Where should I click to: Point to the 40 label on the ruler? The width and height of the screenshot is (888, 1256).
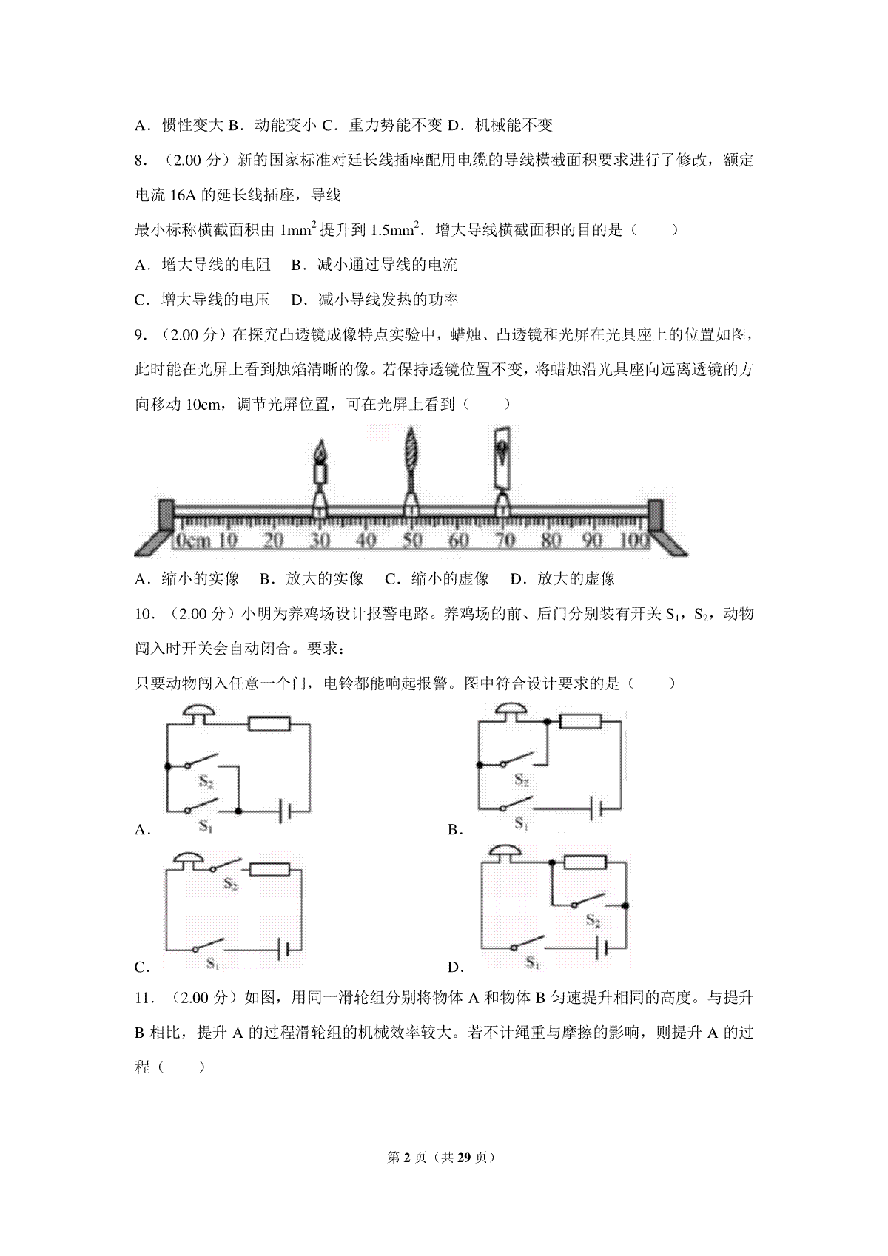tap(366, 540)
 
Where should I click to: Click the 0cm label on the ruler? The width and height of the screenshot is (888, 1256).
tap(192, 541)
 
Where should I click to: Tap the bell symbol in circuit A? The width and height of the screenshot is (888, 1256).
tap(200, 714)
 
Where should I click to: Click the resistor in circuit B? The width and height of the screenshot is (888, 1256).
tap(581, 722)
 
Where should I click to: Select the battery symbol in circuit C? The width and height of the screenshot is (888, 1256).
tap(284, 948)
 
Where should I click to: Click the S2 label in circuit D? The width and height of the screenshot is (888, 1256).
tap(593, 920)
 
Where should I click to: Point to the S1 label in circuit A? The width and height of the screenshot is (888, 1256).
tap(206, 826)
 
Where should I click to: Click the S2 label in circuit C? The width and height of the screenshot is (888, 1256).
tap(231, 883)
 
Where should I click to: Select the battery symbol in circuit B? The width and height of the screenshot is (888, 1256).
tap(596, 808)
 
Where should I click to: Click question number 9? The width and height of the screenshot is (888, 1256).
tap(141, 335)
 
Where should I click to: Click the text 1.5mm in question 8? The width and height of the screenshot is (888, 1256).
tap(394, 229)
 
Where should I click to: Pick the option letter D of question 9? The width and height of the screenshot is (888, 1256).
tap(516, 578)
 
